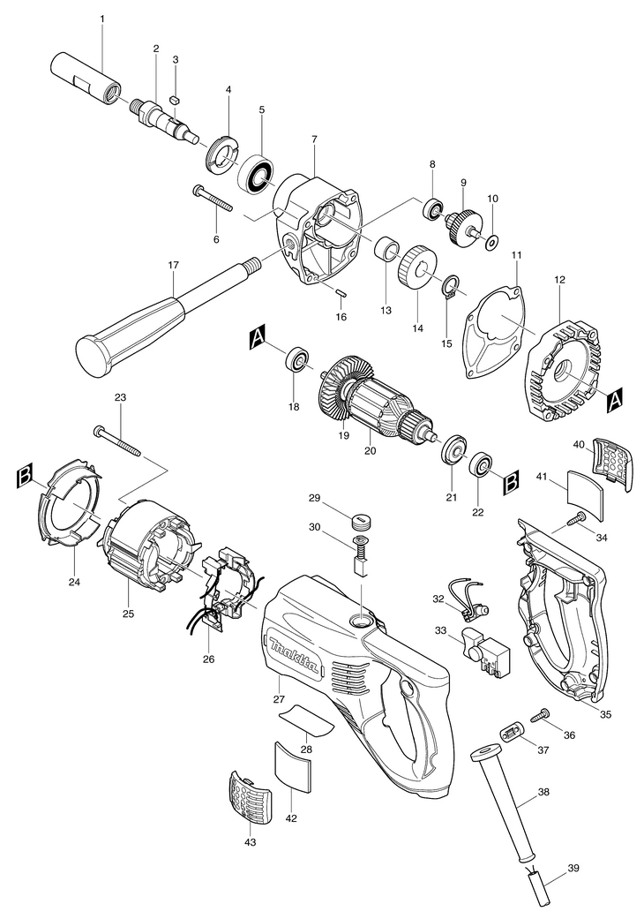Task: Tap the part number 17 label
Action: click(173, 265)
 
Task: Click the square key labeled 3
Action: click(174, 101)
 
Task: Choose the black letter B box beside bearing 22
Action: click(511, 484)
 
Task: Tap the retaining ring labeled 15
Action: click(448, 288)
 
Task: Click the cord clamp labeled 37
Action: click(510, 734)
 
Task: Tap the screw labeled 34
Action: click(578, 518)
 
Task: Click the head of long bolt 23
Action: click(98, 432)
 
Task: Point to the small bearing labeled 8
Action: click(432, 208)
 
